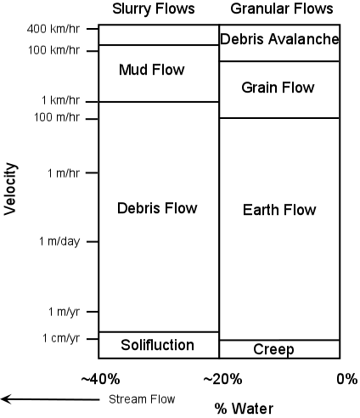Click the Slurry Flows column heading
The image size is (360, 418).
154,8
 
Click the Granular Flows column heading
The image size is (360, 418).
282,8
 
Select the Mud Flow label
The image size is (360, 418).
152,70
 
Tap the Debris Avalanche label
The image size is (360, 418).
279,39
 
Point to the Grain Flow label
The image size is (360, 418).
278,88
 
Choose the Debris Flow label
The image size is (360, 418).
157,208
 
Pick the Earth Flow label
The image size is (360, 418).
279,210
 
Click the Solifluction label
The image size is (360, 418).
157,345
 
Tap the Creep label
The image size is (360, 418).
273,350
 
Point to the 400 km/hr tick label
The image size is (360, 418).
53,29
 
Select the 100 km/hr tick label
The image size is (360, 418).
53,50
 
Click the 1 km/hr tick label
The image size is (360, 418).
61,100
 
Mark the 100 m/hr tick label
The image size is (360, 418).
57,117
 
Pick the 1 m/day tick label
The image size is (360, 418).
59,241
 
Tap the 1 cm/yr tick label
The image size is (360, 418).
61,338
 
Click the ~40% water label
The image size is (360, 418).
100,379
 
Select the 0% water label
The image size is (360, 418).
347,379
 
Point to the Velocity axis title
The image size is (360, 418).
11,189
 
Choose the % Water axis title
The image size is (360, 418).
244,409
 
